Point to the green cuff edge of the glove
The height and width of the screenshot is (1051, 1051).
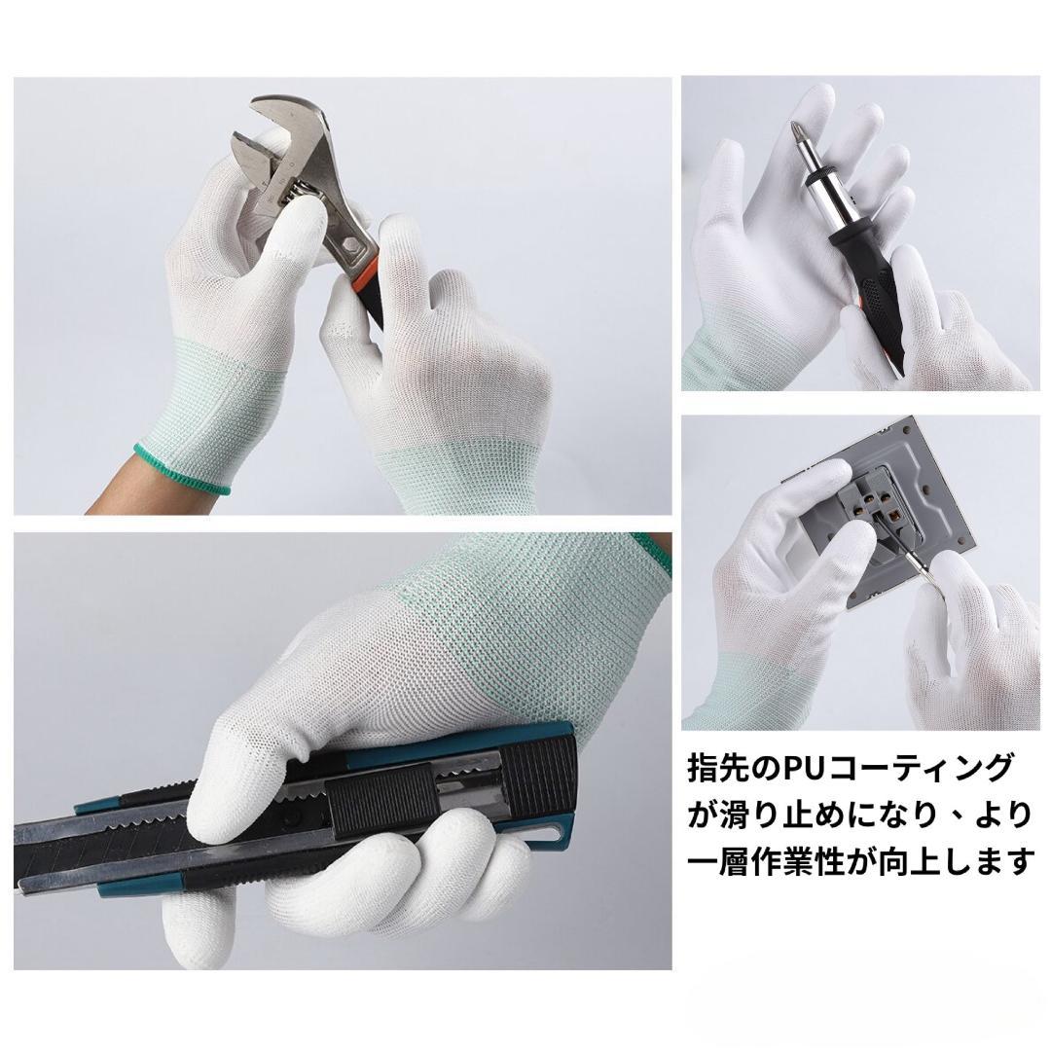click(x=181, y=469)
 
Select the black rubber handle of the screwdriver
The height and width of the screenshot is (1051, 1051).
click(x=871, y=295)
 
